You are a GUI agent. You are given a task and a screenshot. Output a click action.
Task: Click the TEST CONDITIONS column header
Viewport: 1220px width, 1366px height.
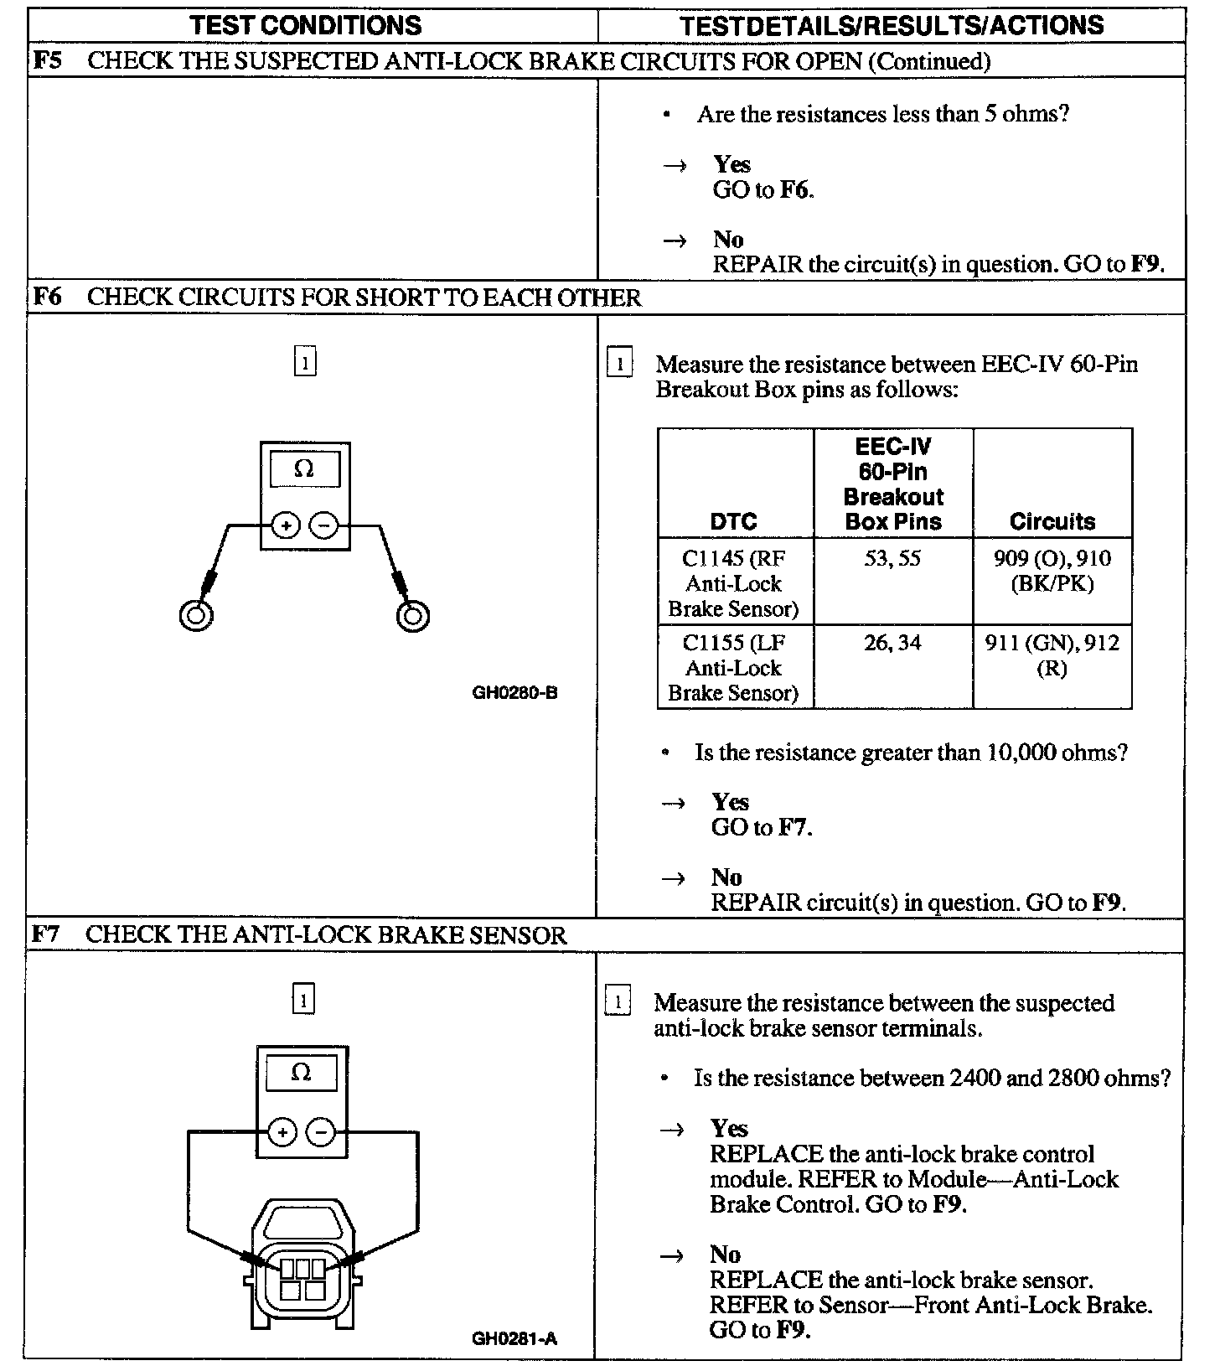306,25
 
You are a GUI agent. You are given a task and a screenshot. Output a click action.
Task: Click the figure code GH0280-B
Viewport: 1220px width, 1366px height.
514,693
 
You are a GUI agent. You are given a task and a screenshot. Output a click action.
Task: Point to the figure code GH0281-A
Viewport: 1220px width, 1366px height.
514,1338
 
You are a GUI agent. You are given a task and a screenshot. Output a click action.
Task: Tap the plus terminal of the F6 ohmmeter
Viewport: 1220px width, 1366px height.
286,526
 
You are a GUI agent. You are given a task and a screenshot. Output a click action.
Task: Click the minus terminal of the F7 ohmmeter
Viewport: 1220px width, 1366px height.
321,1133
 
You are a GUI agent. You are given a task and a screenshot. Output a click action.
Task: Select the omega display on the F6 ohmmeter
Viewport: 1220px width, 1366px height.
304,469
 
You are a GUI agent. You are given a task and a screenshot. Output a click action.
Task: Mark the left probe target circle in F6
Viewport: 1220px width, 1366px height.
196,616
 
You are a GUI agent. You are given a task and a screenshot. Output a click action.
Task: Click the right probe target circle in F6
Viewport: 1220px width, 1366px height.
412,616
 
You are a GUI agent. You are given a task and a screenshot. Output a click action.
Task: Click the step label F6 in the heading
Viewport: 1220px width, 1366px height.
47,298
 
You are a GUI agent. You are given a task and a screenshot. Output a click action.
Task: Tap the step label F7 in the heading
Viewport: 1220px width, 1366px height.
46,934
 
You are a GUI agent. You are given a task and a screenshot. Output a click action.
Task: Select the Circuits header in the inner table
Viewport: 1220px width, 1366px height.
1052,521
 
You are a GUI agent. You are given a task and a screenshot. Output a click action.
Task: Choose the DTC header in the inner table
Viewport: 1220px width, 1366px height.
733,521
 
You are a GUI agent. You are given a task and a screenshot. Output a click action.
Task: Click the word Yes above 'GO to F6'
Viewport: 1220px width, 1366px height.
731,164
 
